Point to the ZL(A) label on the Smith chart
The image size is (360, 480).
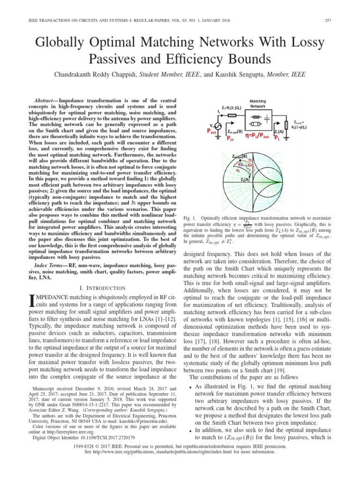point(244,192)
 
